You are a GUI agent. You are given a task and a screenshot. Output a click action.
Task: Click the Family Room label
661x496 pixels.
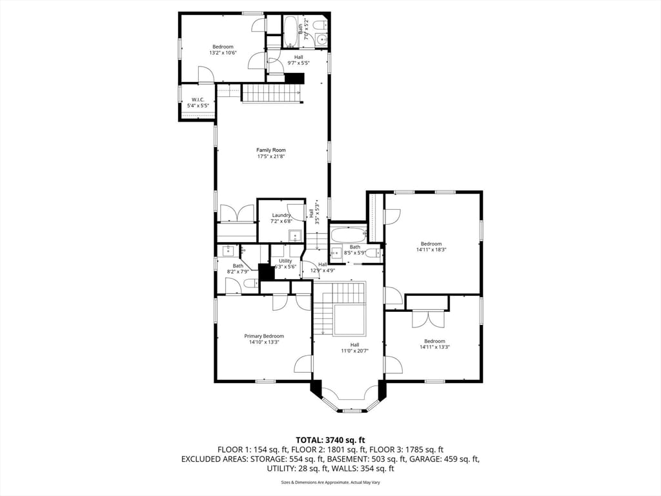pyautogui.click(x=271, y=150)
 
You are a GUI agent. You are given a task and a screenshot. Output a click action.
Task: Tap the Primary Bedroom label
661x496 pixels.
pyautogui.click(x=264, y=336)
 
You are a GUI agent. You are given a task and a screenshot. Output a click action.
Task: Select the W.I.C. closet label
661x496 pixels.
pyautogui.click(x=198, y=99)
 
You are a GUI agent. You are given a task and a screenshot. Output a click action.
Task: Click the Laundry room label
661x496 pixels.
pyautogui.click(x=281, y=215)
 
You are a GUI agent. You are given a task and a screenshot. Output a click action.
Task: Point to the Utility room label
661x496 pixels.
pyautogui.click(x=285, y=261)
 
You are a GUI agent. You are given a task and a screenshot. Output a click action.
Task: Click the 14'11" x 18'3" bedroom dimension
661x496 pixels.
pyautogui.click(x=431, y=250)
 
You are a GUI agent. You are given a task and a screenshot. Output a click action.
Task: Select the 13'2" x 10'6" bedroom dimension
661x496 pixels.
pyautogui.click(x=223, y=53)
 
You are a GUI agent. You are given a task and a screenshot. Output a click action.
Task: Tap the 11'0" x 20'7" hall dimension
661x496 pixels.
pyautogui.click(x=354, y=351)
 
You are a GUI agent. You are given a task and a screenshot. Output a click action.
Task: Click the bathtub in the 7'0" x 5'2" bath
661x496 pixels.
pyautogui.click(x=290, y=32)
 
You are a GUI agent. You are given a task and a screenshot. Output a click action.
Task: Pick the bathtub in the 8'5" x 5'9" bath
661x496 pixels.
pyautogui.click(x=348, y=234)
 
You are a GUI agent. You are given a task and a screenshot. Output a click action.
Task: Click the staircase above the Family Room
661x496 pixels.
pyautogui.click(x=272, y=93)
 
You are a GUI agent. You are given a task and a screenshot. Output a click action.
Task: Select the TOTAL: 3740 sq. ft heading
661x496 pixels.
pyautogui.click(x=330, y=440)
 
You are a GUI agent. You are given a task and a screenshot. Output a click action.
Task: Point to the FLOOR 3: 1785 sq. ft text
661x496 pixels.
pyautogui.click(x=407, y=449)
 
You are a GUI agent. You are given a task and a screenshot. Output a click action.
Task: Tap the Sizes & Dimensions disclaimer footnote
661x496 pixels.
pyautogui.click(x=330, y=482)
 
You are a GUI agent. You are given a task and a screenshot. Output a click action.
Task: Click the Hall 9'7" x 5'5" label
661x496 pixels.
pyautogui.click(x=298, y=60)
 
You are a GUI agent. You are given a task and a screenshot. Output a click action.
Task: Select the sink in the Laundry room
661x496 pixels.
pyautogui.click(x=295, y=235)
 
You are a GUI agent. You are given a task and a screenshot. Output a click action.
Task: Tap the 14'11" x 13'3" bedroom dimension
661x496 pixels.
pyautogui.click(x=434, y=347)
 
